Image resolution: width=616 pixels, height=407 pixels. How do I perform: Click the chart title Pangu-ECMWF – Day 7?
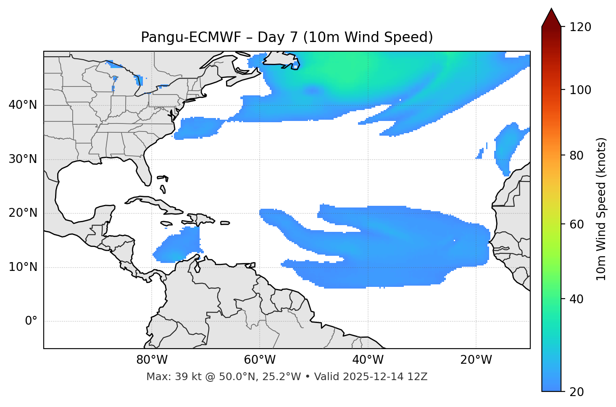287,37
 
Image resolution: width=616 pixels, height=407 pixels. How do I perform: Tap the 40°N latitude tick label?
23,105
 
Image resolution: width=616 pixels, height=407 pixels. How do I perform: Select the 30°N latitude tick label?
23,159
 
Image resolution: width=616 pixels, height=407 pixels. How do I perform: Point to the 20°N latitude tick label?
23,213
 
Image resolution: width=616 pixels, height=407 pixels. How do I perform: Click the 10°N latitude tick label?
23,267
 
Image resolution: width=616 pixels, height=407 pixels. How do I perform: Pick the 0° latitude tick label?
31,321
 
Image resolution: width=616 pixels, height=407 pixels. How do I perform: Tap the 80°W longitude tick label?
152,360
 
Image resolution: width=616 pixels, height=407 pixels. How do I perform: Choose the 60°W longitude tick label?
260,360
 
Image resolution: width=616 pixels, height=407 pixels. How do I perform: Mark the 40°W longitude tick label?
368,360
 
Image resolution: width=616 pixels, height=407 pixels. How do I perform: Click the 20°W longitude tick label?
476,360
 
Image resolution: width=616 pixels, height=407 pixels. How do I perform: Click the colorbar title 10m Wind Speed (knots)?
601,209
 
